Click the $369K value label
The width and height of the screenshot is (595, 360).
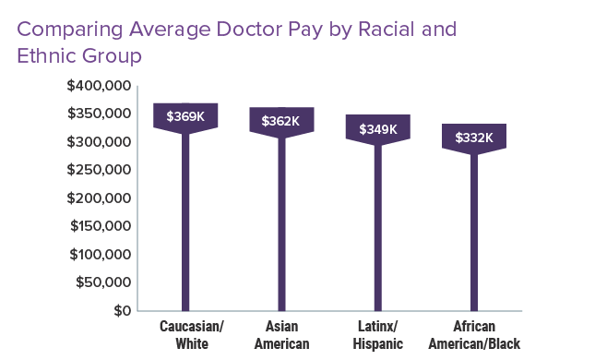[185, 116]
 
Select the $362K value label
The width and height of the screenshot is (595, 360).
[281, 121]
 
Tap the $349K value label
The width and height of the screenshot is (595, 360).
[377, 128]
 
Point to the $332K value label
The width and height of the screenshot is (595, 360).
[474, 138]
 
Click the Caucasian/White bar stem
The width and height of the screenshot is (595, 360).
[185, 222]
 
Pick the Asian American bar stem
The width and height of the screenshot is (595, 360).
[281, 226]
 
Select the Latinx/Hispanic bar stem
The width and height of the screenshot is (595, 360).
[377, 231]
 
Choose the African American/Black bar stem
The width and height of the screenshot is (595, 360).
[474, 235]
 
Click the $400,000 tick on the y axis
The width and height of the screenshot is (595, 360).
[100, 86]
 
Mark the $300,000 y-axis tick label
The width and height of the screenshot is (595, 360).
[100, 142]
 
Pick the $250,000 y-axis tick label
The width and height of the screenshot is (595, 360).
[100, 170]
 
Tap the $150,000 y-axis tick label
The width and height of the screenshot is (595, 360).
[100, 226]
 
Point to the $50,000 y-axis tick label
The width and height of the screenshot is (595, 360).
[103, 282]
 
